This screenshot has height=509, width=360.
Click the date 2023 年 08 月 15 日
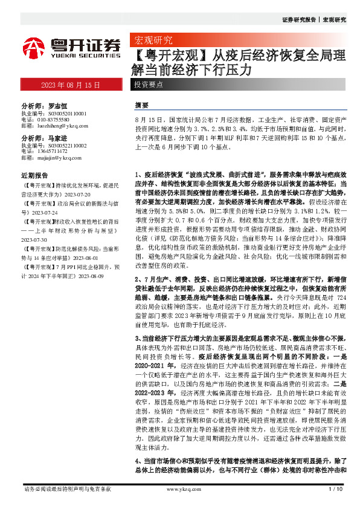click(x=70, y=85)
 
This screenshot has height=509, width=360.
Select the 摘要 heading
click(x=142, y=103)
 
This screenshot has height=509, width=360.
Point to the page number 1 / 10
click(x=335, y=488)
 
